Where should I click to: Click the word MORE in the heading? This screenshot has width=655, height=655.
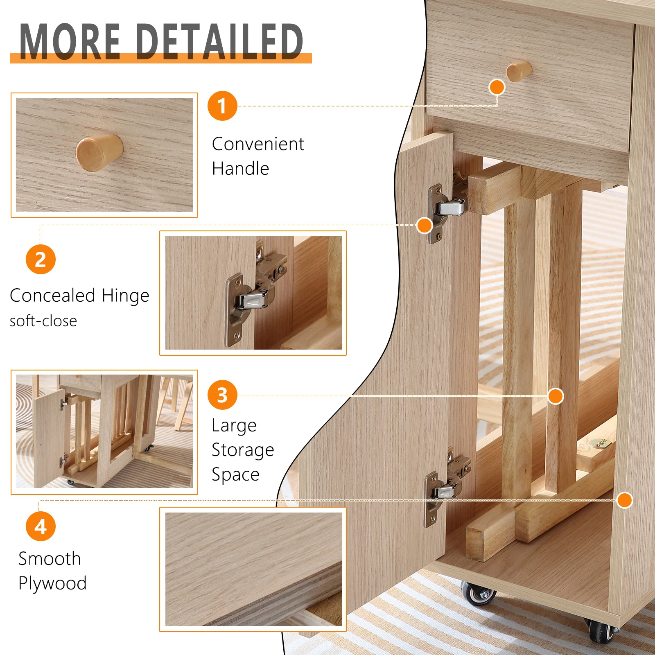[70, 41]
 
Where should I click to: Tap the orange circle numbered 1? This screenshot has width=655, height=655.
[222, 106]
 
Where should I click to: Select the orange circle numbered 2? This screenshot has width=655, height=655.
[41, 260]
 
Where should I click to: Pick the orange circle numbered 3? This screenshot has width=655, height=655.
[222, 395]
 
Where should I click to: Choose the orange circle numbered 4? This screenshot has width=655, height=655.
[41, 526]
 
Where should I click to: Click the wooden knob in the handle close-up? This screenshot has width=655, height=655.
[99, 153]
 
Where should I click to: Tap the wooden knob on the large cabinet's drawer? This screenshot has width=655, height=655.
[519, 71]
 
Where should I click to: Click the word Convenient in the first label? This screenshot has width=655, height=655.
[258, 144]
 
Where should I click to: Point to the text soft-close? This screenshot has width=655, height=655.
[43, 321]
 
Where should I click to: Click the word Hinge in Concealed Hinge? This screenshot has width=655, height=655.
[125, 296]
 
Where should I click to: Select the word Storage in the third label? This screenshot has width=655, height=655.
[243, 450]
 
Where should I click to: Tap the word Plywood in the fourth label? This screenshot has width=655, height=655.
[52, 583]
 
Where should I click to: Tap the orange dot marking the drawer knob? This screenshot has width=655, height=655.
[497, 87]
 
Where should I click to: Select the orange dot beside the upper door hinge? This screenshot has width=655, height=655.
[425, 225]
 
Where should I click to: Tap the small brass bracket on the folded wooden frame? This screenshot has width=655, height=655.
[599, 443]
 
